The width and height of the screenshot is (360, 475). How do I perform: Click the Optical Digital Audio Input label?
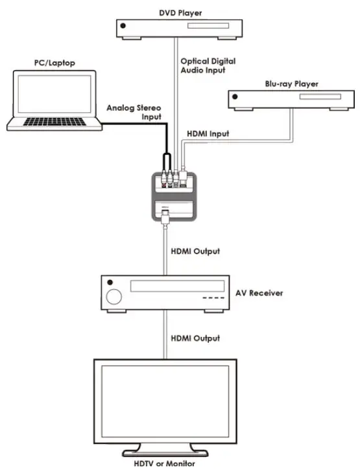[x=208, y=66]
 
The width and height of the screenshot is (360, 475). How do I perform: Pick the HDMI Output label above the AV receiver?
[x=195, y=251]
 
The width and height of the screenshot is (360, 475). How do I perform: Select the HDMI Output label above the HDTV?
[x=195, y=338]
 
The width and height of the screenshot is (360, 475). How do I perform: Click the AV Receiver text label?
[x=259, y=293]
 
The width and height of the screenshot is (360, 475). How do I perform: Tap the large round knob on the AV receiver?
[x=115, y=297]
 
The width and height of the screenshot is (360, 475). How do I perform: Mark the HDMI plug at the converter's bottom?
[x=166, y=216]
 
